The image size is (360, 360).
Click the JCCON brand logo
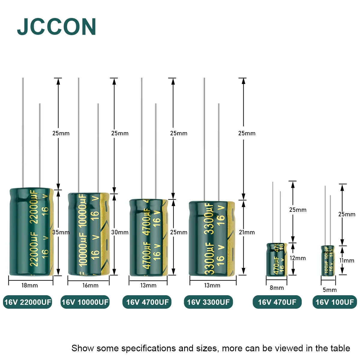57,27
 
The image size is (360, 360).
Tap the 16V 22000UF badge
28,302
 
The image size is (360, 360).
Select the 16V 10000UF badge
85,302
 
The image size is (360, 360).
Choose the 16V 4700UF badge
147,302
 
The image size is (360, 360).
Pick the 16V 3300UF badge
208,302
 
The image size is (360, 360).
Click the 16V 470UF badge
277,302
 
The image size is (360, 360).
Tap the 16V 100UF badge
334,302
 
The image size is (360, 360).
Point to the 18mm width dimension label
30,285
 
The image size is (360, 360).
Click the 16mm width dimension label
90,285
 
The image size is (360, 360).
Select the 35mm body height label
61,232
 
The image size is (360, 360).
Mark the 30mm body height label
120,232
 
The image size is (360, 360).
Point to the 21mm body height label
247,232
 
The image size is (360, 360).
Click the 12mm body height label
298,258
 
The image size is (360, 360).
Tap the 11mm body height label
347,260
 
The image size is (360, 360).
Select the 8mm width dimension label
277,288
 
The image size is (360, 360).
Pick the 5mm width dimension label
329,290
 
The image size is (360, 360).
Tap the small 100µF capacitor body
328,259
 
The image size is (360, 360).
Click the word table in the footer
340,348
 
